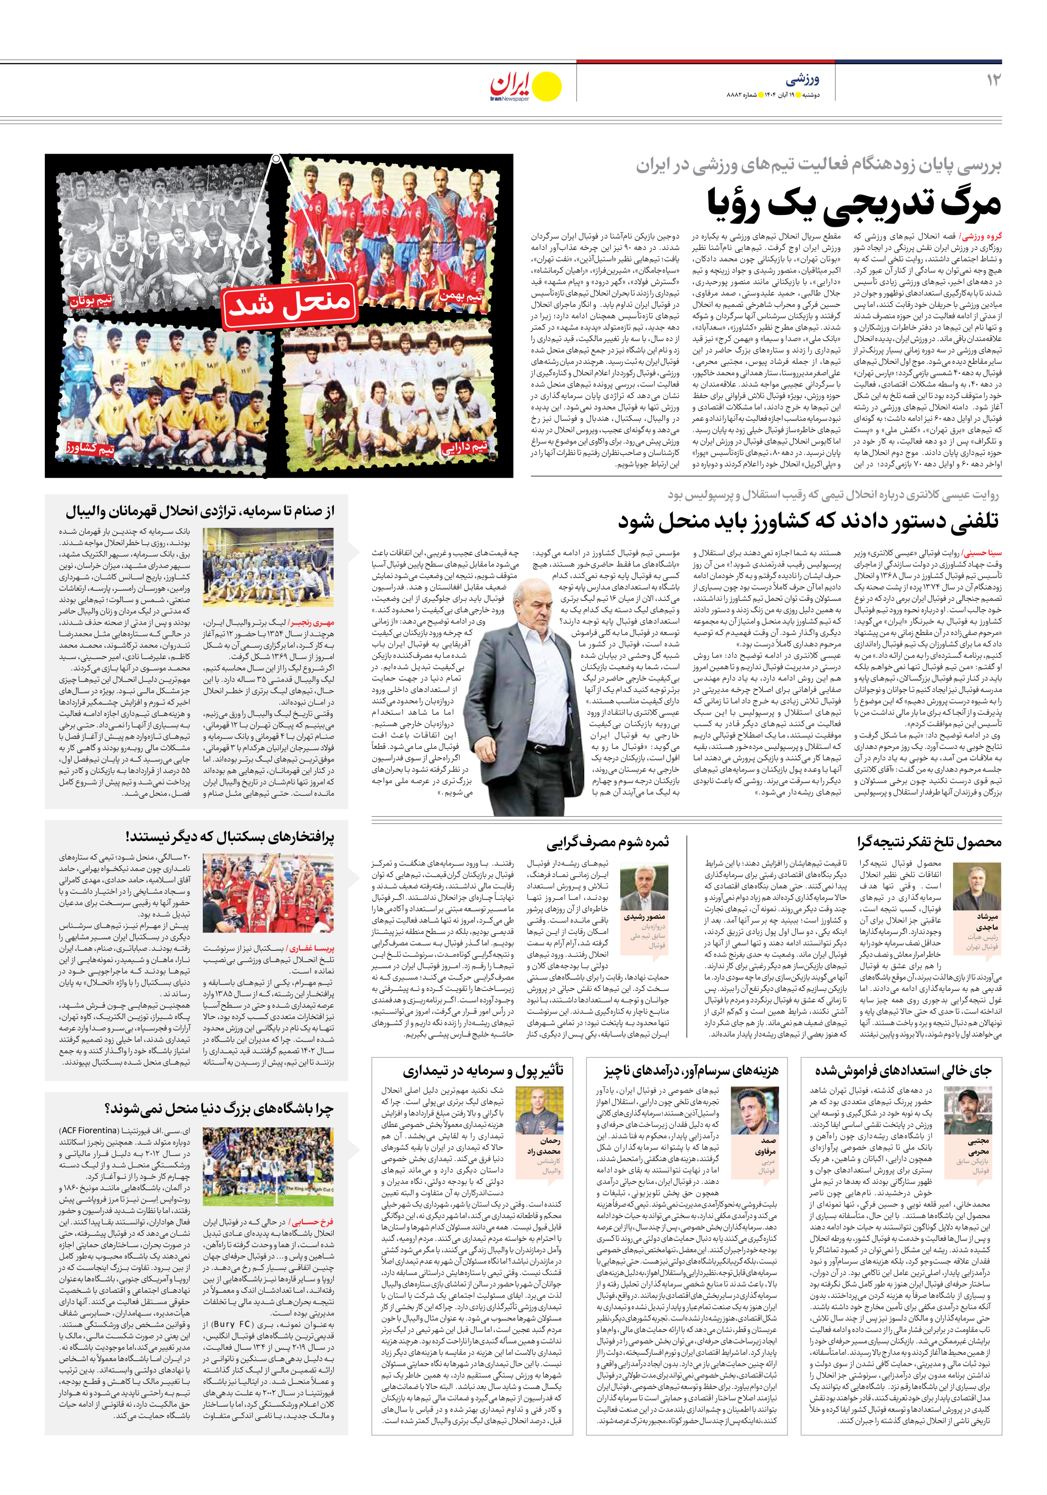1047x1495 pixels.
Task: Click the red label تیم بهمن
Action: point(461,296)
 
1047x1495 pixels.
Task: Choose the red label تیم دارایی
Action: point(464,448)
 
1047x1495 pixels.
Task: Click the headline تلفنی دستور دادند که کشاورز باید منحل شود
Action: point(808,521)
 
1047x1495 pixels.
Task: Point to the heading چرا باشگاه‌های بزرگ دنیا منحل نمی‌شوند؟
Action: point(219,1108)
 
